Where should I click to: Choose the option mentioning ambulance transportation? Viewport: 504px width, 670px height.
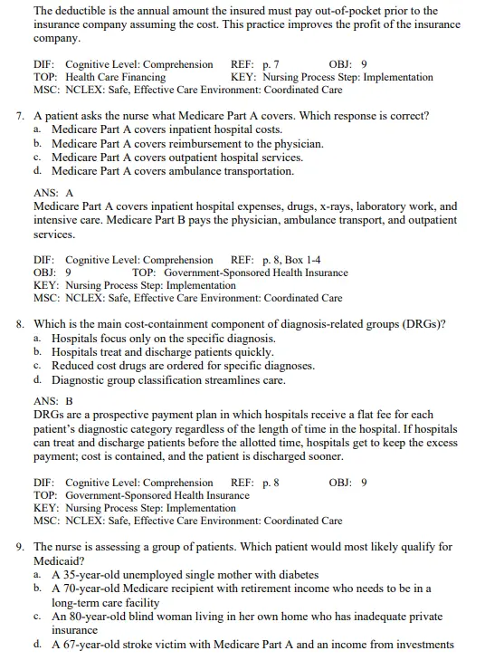tap(172, 171)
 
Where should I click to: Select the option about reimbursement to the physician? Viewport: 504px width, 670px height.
tap(186, 144)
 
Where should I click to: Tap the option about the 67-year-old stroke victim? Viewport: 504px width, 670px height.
tap(252, 645)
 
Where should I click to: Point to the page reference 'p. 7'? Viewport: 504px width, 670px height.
tap(270, 64)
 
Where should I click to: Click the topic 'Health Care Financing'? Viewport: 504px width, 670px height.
tap(115, 77)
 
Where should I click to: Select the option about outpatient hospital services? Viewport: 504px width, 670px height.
tap(177, 158)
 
